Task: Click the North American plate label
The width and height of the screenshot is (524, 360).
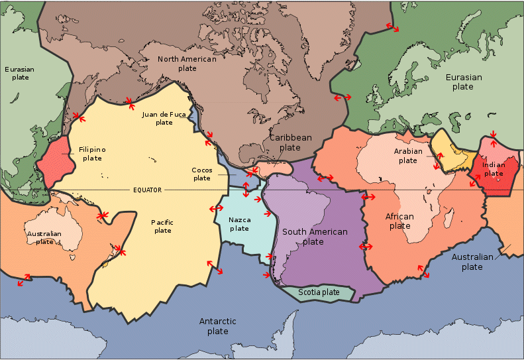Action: (187, 64)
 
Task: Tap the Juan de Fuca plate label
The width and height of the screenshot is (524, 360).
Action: (164, 118)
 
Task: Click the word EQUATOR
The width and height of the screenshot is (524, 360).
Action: (147, 190)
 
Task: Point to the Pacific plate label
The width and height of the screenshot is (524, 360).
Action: (162, 226)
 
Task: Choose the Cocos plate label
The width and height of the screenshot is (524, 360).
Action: (202, 174)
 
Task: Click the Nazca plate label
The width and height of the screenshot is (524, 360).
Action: (239, 224)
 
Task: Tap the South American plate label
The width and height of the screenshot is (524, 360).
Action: (314, 237)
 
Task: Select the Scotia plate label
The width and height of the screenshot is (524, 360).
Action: (319, 292)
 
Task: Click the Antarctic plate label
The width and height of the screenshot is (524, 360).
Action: (217, 326)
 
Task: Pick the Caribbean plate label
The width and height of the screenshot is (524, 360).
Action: (290, 143)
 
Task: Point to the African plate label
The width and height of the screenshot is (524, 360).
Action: (399, 221)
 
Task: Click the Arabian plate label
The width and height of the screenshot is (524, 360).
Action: (407, 156)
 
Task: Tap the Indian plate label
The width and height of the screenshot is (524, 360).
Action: (494, 169)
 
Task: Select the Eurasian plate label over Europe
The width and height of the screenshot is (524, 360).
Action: (463, 82)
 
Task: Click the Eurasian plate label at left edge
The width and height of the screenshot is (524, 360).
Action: (19, 73)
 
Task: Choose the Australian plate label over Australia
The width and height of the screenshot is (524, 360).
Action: (45, 237)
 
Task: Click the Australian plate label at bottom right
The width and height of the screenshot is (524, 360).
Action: (472, 262)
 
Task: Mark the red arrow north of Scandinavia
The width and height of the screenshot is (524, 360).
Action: (393, 29)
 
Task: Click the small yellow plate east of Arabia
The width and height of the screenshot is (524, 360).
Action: (452, 150)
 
